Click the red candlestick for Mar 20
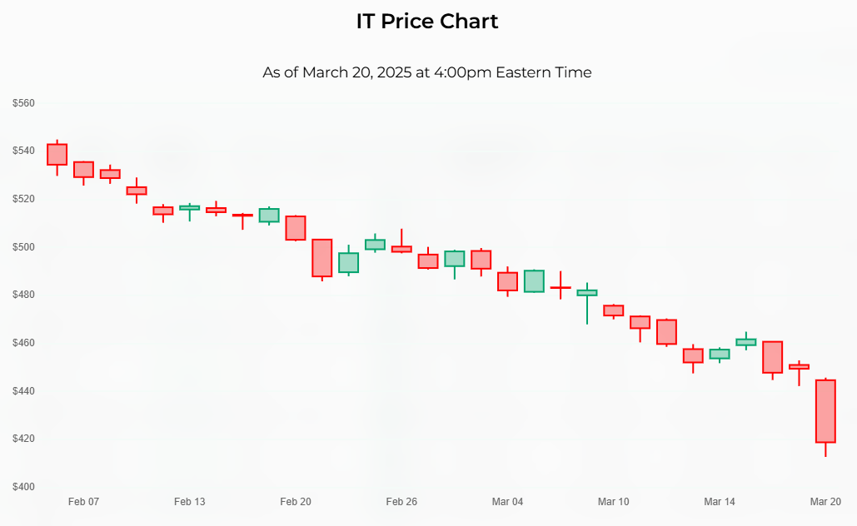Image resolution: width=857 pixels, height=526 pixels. click(x=825, y=410)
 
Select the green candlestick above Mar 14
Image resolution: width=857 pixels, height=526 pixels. click(x=720, y=354)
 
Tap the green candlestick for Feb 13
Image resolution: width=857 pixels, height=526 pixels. click(x=189, y=207)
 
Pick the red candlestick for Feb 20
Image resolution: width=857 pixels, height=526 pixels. click(x=296, y=227)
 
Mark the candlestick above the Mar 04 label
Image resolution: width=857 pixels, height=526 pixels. click(x=507, y=281)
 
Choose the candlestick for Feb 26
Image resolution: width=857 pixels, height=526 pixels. click(x=401, y=248)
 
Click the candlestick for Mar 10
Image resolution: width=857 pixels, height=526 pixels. click(x=613, y=310)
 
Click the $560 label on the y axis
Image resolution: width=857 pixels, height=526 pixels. click(x=23, y=103)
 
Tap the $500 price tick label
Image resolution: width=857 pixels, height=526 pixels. click(x=23, y=247)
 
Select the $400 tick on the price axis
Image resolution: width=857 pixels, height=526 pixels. click(x=23, y=487)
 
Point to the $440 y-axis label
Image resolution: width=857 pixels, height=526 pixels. click(x=23, y=391)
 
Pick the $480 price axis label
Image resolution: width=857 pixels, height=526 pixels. click(x=23, y=295)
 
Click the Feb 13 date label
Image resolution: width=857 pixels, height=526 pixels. click(x=189, y=502)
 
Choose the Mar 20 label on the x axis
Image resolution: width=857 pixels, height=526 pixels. click(x=825, y=502)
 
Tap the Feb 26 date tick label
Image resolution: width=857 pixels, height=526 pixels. click(x=401, y=502)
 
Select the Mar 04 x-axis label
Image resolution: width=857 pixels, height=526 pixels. click(x=507, y=502)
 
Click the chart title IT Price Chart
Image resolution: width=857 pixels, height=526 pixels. click(x=427, y=22)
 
